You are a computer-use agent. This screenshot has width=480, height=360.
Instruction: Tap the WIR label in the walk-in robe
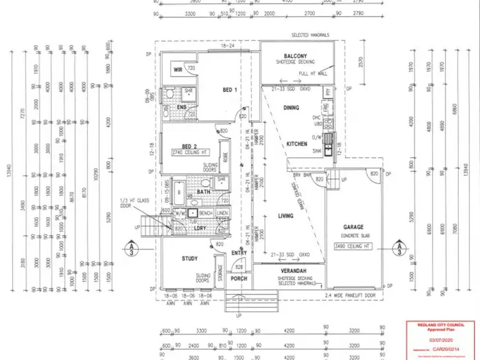(x=179, y=69)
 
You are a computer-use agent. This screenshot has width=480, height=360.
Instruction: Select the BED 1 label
(x=230, y=90)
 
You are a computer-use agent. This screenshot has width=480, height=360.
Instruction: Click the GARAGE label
(x=353, y=227)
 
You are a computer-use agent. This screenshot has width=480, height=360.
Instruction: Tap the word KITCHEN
(x=297, y=144)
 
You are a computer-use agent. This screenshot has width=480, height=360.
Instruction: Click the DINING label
(x=291, y=108)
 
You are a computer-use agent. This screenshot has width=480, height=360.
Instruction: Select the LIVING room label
(x=285, y=216)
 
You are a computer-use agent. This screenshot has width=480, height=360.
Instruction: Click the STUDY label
(x=190, y=259)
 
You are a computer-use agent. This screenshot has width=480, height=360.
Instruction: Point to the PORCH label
(x=238, y=278)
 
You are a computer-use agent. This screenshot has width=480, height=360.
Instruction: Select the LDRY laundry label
(x=200, y=228)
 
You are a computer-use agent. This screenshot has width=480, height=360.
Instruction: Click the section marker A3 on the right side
(x=399, y=248)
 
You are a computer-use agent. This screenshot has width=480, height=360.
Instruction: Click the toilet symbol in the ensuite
(x=168, y=96)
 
